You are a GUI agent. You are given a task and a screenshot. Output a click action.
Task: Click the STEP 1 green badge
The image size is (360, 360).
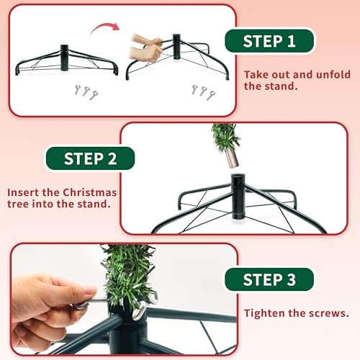(x=270, y=41)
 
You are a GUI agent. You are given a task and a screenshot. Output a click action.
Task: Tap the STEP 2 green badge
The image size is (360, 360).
(x=91, y=158)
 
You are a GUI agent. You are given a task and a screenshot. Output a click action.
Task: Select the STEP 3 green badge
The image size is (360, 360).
(x=269, y=279)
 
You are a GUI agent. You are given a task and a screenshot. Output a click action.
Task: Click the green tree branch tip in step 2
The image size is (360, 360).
(x=225, y=136)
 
